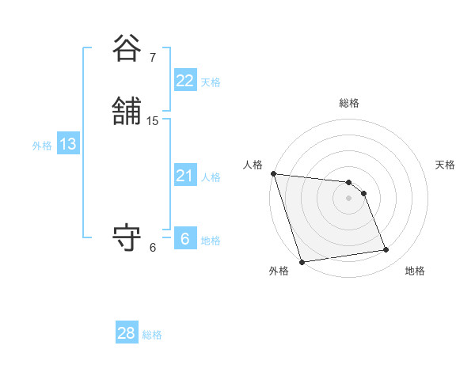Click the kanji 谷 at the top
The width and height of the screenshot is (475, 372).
[x=127, y=49]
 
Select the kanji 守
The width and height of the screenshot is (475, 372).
[x=127, y=238]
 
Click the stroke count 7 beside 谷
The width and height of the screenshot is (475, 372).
[x=153, y=57]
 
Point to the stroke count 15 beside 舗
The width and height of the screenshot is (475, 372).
[x=153, y=121]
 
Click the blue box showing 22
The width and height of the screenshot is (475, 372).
[x=184, y=81]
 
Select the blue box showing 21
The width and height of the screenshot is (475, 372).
[x=184, y=176]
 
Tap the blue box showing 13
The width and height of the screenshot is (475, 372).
[x=68, y=144]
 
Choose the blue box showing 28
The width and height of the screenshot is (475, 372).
[x=126, y=333]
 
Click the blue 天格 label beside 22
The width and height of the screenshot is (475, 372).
[x=211, y=82]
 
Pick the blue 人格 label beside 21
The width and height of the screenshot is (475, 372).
[x=211, y=177]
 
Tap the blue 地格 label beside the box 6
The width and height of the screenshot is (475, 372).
[x=211, y=241]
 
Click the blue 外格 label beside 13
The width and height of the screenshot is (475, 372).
[x=42, y=146]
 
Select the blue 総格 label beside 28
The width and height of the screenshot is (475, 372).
[x=152, y=335]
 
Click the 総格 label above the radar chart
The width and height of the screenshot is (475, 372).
[x=349, y=103]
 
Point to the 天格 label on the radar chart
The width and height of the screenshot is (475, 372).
[x=446, y=165]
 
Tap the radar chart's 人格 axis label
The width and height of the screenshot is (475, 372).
[x=253, y=165]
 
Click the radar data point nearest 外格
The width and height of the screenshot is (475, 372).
[x=302, y=261]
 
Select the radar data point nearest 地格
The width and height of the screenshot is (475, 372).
[x=386, y=250]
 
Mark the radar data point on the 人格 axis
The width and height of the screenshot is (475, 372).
[x=273, y=173]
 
